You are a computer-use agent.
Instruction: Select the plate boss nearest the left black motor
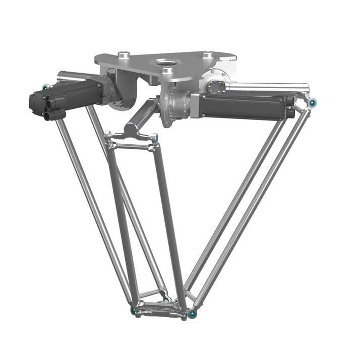(123, 54)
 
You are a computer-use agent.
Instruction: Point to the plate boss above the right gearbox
(207, 54)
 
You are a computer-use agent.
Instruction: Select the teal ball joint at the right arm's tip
(313, 103)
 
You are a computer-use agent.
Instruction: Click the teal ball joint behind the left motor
(46, 87)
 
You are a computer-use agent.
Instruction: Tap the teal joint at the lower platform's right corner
(192, 314)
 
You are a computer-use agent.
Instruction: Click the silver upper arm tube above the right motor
(267, 87)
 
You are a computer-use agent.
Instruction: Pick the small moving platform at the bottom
(161, 308)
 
